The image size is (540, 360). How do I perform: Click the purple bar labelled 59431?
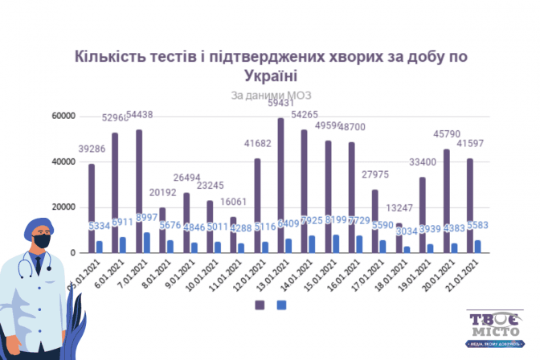tap(280, 186)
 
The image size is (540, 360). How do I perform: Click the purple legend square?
tap(260, 305)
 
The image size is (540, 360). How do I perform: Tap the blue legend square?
tap(281, 305)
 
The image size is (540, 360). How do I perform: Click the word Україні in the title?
tap(269, 76)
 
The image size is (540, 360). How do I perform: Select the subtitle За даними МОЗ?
tap(269, 96)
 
